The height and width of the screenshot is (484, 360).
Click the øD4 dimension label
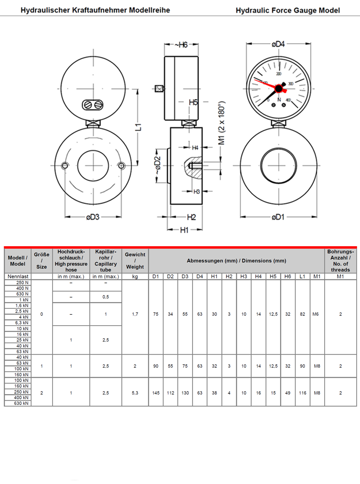tap(278, 44)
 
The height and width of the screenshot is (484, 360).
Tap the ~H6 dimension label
tap(180, 45)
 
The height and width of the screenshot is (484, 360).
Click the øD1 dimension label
tap(278, 217)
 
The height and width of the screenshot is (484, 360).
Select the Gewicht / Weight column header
tap(135, 260)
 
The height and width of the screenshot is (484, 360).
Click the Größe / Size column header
tap(42, 260)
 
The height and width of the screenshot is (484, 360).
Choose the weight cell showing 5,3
tap(135, 393)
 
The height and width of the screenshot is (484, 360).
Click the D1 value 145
tap(156, 393)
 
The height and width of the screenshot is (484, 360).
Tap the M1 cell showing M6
tap(317, 314)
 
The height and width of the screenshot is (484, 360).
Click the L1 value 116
tap(302, 393)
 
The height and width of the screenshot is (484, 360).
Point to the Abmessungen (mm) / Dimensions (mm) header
tap(236, 260)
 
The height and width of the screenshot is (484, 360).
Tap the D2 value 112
tap(170, 393)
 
